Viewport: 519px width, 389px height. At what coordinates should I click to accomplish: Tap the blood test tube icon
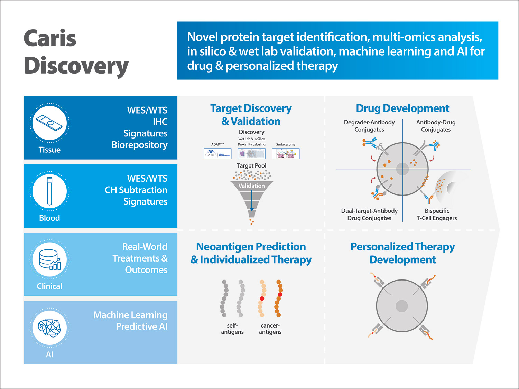49,191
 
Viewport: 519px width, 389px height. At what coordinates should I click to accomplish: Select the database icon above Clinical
49,259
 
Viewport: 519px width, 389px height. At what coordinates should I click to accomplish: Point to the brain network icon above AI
49,327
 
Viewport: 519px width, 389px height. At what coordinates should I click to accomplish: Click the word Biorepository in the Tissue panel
139,145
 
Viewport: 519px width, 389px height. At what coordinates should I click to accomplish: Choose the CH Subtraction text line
136,190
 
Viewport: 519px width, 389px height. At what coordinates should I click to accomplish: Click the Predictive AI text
141,326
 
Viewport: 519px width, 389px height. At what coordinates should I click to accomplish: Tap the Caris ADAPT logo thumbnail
217,154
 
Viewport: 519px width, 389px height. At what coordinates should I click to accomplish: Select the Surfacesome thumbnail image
286,154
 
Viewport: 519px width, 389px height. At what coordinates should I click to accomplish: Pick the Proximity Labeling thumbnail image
251,154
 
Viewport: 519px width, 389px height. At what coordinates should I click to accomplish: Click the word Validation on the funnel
251,186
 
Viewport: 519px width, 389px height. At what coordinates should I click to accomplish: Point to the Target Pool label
251,166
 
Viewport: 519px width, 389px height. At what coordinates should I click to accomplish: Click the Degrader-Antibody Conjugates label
369,126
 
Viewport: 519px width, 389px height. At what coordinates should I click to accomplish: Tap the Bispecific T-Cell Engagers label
437,215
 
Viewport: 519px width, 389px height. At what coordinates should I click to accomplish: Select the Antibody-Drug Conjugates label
436,126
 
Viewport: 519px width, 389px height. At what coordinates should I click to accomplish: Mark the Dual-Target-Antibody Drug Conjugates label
369,215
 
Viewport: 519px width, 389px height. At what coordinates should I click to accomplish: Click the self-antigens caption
232,329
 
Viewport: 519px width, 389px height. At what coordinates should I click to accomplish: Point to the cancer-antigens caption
270,329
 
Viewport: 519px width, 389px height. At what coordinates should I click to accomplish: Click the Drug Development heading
402,108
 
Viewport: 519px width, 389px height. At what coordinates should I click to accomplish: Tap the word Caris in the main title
50,38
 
